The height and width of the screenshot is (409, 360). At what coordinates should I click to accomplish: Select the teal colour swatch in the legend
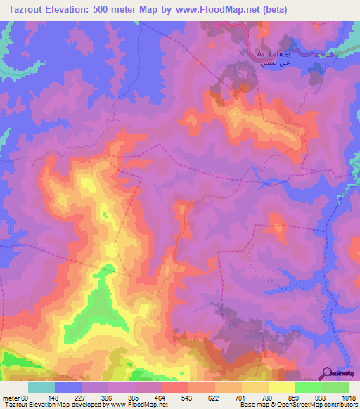pos(41,387)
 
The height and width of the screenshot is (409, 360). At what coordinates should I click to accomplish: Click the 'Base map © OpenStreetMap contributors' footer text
pos(297,404)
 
